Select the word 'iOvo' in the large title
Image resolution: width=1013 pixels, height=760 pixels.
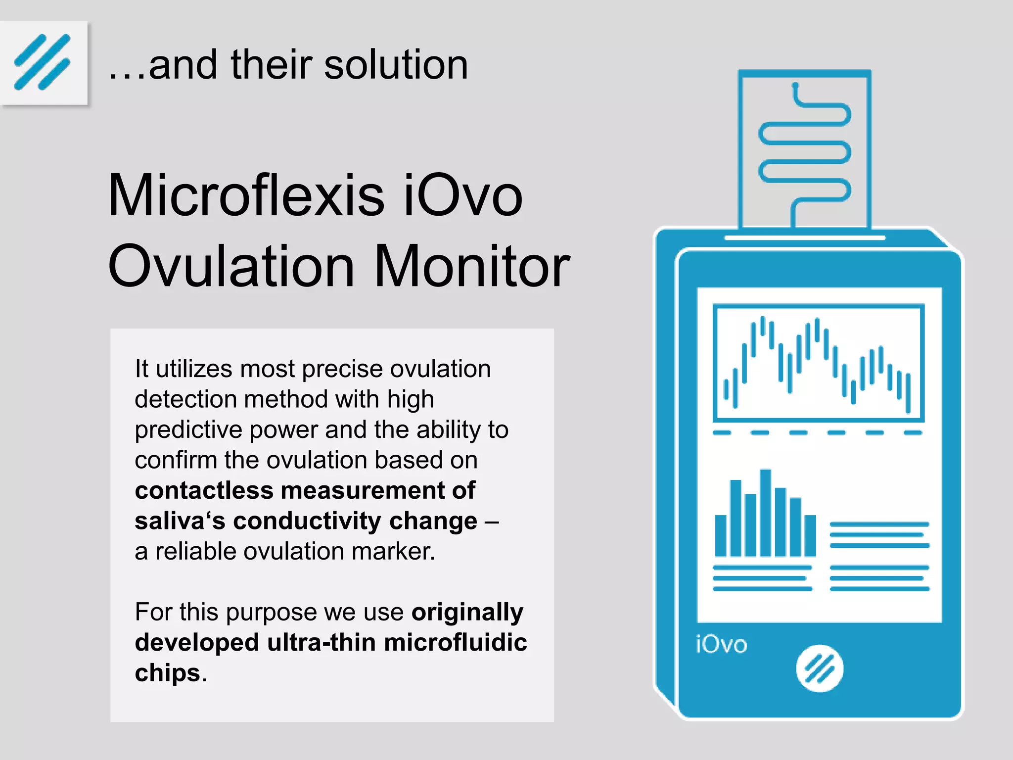[463, 195]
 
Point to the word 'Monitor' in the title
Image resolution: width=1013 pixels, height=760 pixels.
[472, 266]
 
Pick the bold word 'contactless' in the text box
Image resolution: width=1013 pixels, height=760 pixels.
[204, 490]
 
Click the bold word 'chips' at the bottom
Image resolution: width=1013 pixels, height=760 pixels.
[167, 673]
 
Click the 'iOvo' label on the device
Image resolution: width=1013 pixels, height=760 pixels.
[721, 645]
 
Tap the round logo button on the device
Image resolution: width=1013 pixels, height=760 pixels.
[819, 668]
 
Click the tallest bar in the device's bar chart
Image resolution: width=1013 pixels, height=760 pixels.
[765, 513]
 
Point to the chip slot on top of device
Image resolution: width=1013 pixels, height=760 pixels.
[804, 238]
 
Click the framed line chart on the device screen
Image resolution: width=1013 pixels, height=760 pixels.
[818, 363]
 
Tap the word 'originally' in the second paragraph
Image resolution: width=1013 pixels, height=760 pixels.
[467, 612]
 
